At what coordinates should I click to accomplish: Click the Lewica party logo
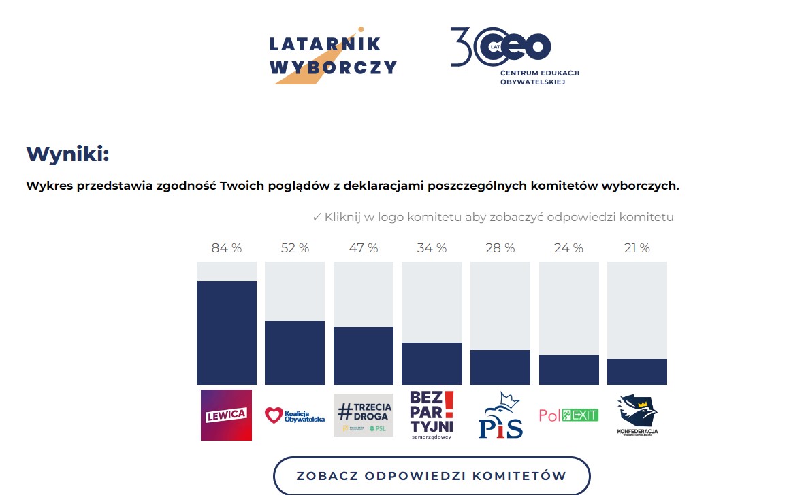pyautogui.click(x=226, y=415)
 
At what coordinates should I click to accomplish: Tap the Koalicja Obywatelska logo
pyautogui.click(x=295, y=415)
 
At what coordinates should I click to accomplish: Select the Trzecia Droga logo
pyautogui.click(x=364, y=415)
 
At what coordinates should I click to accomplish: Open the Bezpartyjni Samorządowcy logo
pyautogui.click(x=432, y=415)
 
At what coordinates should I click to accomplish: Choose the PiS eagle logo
pyautogui.click(x=500, y=415)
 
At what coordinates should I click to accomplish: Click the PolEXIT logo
pyautogui.click(x=568, y=415)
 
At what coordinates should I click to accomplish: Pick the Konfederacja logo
pyautogui.click(x=637, y=415)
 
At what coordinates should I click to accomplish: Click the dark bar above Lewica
pyautogui.click(x=227, y=333)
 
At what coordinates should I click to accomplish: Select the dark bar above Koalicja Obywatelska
pyautogui.click(x=295, y=353)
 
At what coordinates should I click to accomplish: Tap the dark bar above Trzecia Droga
pyautogui.click(x=364, y=356)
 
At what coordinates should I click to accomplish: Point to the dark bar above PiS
pyautogui.click(x=500, y=367)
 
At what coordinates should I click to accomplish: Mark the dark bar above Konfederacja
pyautogui.click(x=637, y=371)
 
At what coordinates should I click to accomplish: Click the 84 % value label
pyautogui.click(x=227, y=248)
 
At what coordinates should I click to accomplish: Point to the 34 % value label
pyautogui.click(x=432, y=248)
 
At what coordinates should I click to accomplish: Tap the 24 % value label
pyautogui.click(x=568, y=248)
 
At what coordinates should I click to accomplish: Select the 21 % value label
pyautogui.click(x=637, y=248)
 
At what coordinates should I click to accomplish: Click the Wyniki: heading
pyautogui.click(x=67, y=154)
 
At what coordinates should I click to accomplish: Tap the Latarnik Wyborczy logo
pyautogui.click(x=333, y=56)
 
